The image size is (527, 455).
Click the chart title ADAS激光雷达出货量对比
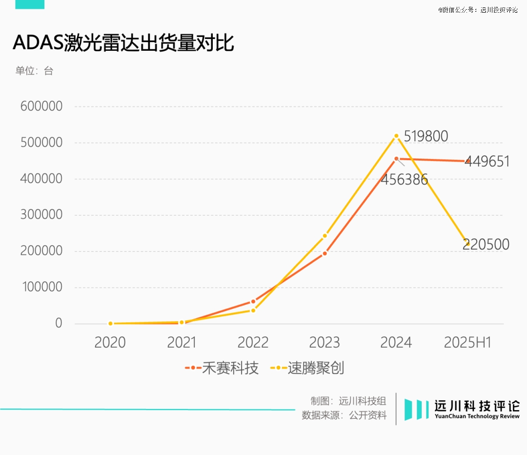123,43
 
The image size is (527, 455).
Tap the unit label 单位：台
34,71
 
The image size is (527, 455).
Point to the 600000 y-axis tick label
41,106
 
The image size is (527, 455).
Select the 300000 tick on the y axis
41,215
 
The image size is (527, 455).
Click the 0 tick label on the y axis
59,323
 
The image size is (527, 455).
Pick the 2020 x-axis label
110,343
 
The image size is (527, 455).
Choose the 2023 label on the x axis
324,343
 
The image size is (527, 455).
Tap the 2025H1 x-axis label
467,343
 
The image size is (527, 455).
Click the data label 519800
426,137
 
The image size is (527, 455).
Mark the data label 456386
405,180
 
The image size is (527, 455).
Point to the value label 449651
487,162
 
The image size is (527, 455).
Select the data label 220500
486,244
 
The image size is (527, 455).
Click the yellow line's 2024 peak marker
396,136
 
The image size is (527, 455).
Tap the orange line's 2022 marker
253,302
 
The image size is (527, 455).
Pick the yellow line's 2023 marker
324,236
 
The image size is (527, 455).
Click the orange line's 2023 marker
324,253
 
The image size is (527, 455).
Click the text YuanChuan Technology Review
477,416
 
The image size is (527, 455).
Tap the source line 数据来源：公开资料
344,415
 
